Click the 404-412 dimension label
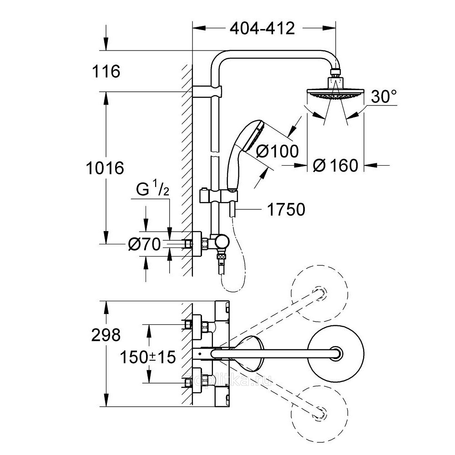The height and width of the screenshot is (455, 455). (263, 29)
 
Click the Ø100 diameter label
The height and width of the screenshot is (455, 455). (277, 152)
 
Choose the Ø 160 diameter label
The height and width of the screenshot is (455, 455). (336, 165)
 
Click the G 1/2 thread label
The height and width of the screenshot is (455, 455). (152, 190)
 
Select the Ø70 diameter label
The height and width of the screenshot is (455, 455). (144, 245)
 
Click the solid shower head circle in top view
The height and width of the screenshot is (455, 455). (336, 353)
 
